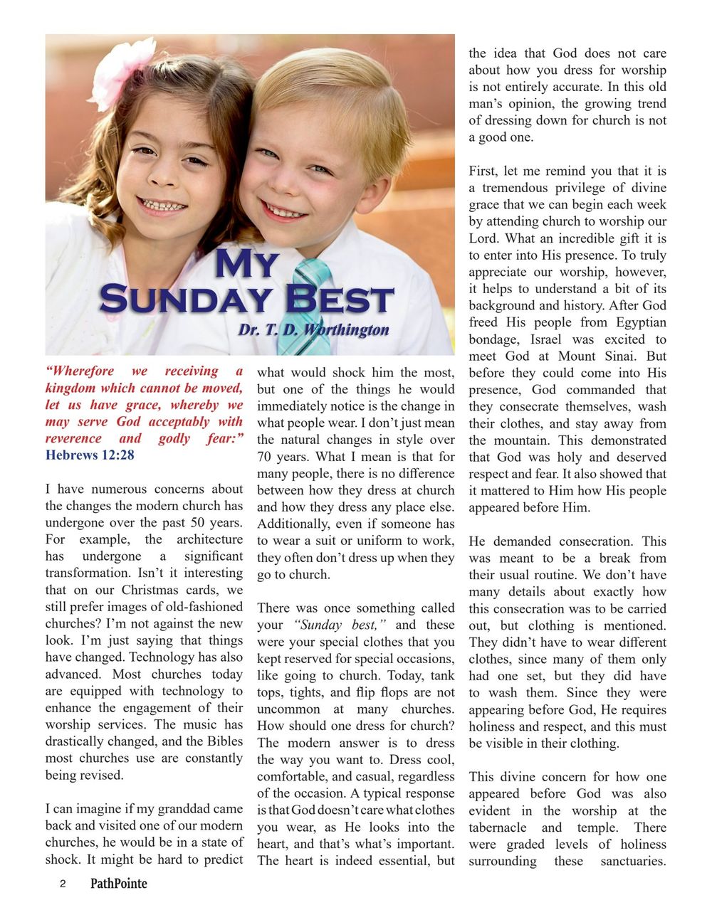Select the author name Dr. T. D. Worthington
click(313, 330)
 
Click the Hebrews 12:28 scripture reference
click(90, 455)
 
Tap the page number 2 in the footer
click(63, 884)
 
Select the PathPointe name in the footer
click(119, 884)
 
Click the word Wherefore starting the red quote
click(79, 371)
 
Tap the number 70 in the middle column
click(265, 457)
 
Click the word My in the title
click(246, 265)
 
